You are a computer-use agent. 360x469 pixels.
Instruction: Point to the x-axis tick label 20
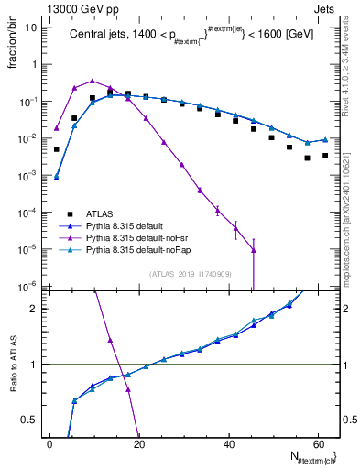[139, 444]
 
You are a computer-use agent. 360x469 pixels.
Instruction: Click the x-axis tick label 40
[228, 444]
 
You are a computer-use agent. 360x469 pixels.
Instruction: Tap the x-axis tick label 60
[317, 444]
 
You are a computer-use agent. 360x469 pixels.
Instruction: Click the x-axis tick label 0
[50, 444]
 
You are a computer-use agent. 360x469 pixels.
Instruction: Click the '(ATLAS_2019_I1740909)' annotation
[191, 274]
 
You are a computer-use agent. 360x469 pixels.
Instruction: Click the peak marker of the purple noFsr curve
[93, 81]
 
